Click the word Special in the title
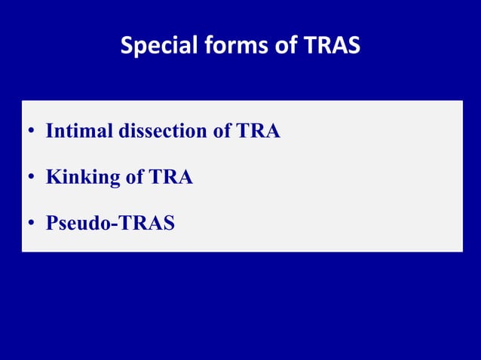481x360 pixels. pos(156,47)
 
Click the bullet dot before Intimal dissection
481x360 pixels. pos(32,133)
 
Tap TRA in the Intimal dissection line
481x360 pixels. pos(259,131)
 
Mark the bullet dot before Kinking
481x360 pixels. pos(32,179)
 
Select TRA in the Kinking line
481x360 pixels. pos(170,178)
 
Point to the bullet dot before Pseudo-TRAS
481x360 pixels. pos(32,225)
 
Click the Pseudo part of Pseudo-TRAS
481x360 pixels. pos(77,224)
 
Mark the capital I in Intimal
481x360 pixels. pos(50,131)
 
